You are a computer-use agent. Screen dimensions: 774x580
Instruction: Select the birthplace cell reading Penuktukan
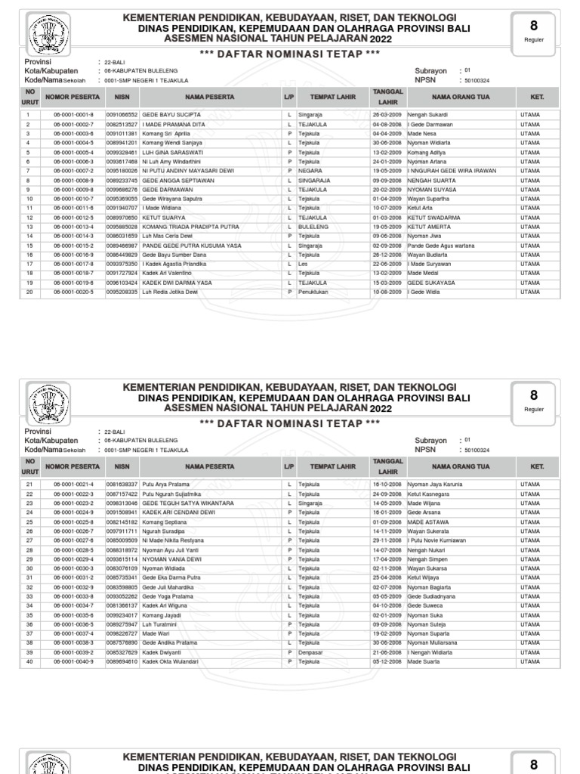tap(313, 291)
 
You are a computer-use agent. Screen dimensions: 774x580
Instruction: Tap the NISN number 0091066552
tap(122, 114)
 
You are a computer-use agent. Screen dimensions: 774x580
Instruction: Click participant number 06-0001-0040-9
tap(73, 661)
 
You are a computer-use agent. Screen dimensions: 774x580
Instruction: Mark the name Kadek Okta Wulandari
tap(170, 661)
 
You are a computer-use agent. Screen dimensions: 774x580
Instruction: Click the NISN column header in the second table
tap(122, 466)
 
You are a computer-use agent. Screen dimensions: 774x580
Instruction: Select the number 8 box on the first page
tap(534, 33)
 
